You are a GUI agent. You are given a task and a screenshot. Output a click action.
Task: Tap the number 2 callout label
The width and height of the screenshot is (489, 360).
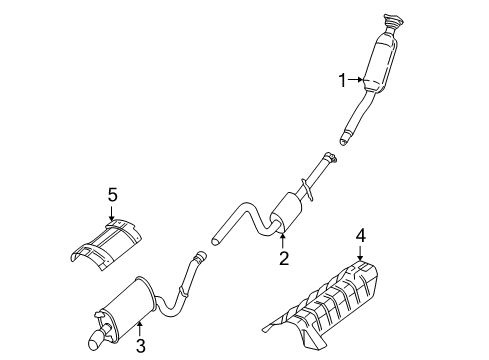pos(284,259)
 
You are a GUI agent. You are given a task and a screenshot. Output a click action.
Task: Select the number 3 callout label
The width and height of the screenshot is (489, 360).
pos(141,346)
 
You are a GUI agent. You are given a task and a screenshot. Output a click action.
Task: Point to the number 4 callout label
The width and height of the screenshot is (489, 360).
pos(361,236)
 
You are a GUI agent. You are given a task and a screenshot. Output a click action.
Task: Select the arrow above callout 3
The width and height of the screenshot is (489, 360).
pos(141,327)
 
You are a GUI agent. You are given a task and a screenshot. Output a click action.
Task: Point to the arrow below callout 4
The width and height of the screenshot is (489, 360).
pos(361,253)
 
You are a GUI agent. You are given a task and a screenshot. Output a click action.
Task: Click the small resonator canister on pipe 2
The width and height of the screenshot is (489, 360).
pos(284,215)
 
